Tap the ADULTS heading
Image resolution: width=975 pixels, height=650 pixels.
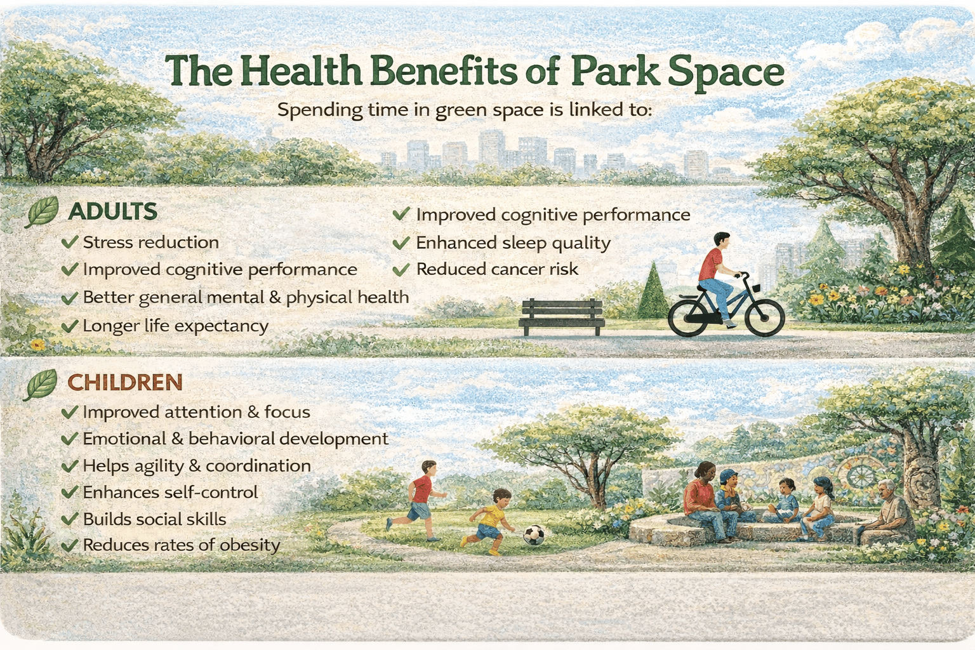(x=113, y=211)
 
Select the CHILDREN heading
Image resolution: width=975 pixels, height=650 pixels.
(x=125, y=383)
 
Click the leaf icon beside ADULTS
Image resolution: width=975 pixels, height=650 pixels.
(x=42, y=211)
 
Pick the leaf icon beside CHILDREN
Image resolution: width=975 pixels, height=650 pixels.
(x=41, y=385)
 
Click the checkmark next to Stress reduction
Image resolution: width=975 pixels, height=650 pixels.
(x=70, y=242)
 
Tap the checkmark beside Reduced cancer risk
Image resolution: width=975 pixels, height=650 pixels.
(x=401, y=270)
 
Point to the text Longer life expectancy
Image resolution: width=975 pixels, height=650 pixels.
(x=175, y=326)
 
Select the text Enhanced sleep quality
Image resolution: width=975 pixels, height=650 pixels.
(x=513, y=243)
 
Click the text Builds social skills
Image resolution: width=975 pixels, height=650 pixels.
(x=154, y=519)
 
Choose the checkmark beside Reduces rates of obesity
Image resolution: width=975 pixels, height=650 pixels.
(x=70, y=545)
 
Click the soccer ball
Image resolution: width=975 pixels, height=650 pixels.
(x=534, y=534)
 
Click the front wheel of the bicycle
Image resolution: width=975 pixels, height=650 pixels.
(x=765, y=317)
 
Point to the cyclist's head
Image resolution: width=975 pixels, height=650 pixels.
(x=722, y=241)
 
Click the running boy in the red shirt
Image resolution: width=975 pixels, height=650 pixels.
(x=418, y=500)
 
